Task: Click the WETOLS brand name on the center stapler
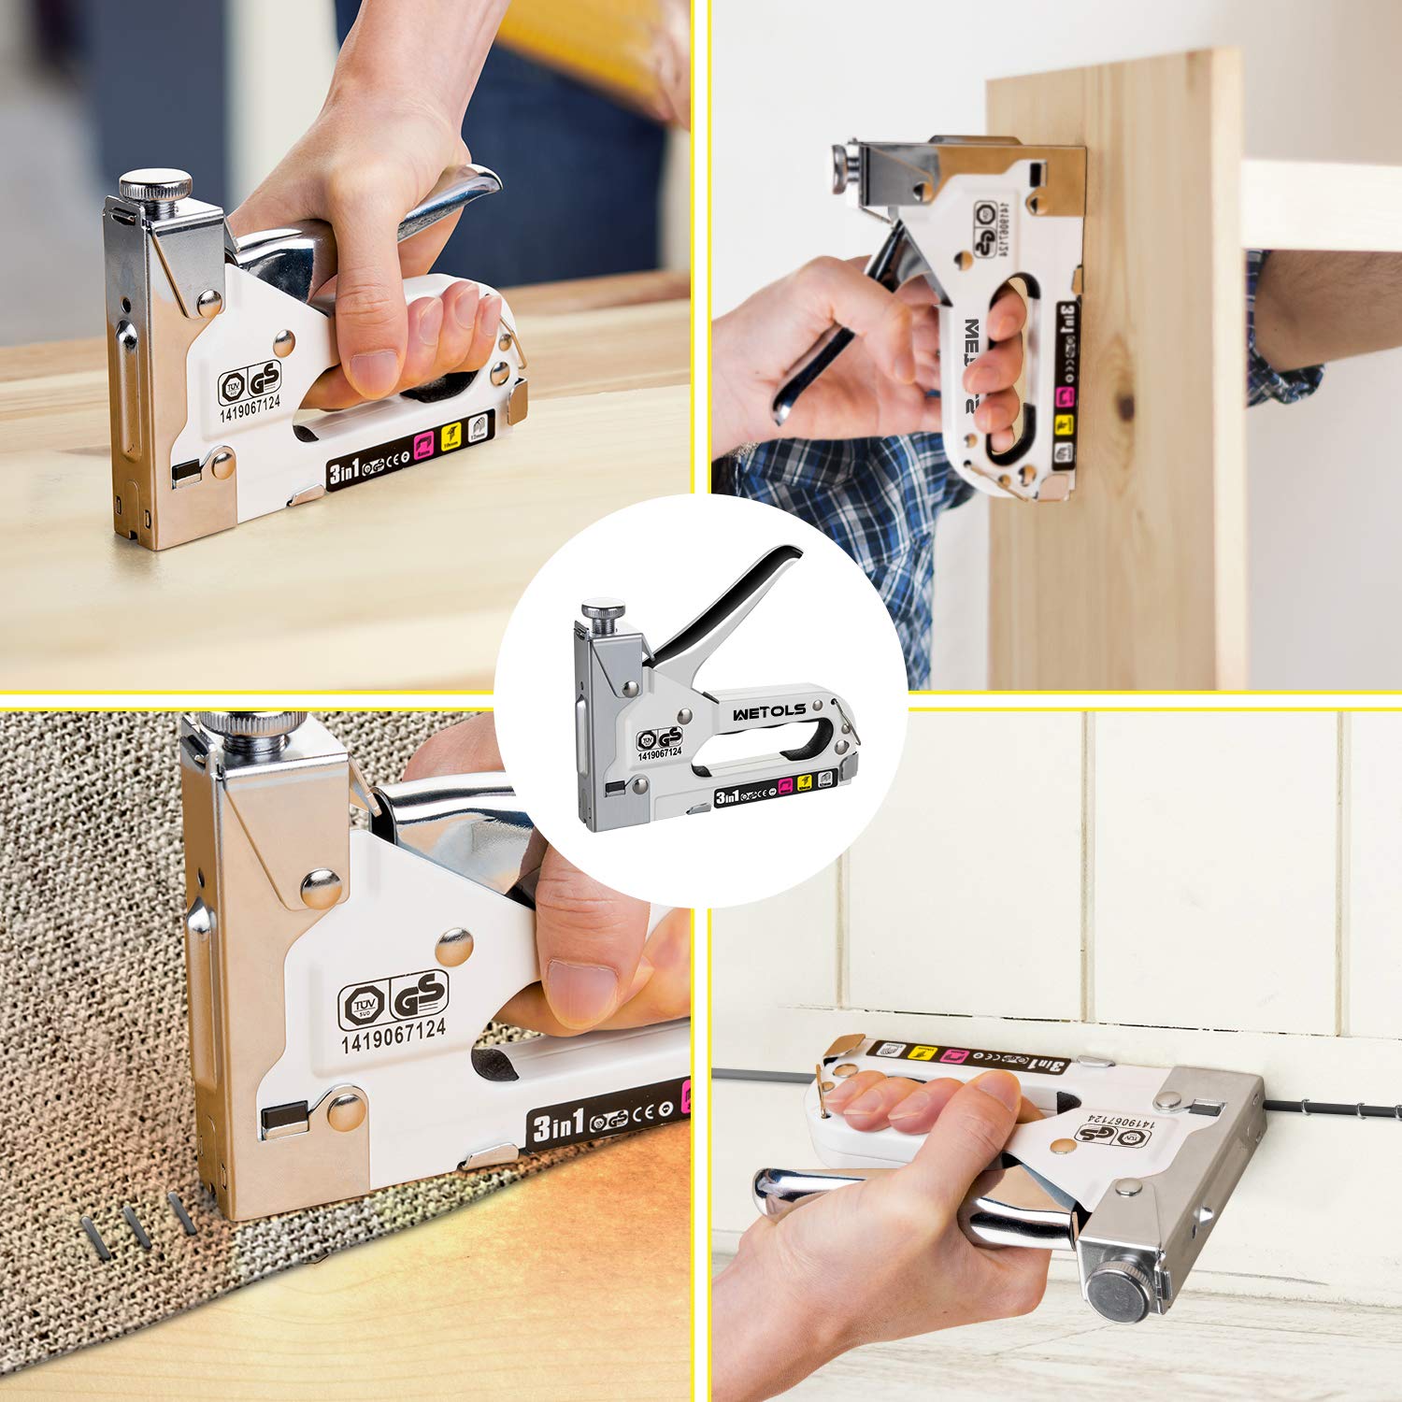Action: (x=769, y=711)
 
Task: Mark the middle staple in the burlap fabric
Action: (x=138, y=1225)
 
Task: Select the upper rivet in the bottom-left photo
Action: (x=321, y=886)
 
